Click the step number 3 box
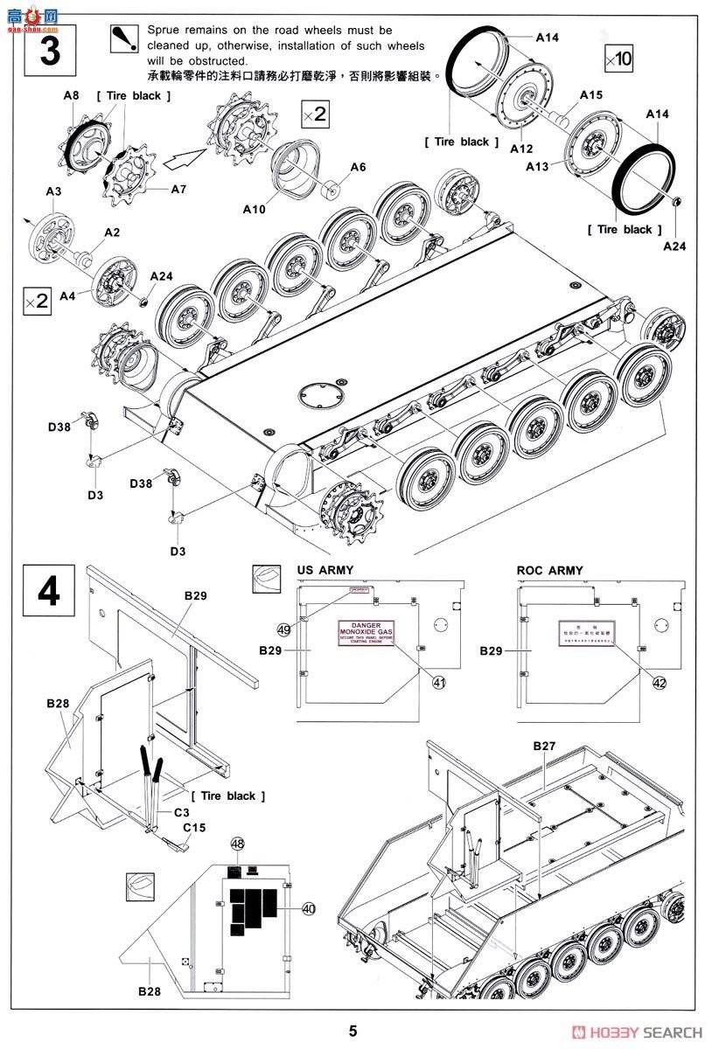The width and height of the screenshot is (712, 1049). pyautogui.click(x=50, y=52)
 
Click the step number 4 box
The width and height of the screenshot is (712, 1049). pyautogui.click(x=50, y=591)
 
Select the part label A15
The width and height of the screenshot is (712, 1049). pyautogui.click(x=591, y=94)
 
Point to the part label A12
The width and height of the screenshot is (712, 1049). pyautogui.click(x=522, y=149)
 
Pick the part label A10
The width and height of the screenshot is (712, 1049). pyautogui.click(x=255, y=209)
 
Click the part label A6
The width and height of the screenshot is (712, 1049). pyautogui.click(x=358, y=167)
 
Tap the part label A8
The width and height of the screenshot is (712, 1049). pyautogui.click(x=72, y=96)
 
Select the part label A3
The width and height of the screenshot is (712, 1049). pyautogui.click(x=53, y=191)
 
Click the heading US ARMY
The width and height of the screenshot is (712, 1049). pyautogui.click(x=325, y=570)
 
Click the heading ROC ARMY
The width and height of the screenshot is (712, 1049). pyautogui.click(x=549, y=570)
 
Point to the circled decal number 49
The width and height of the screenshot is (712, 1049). pyautogui.click(x=283, y=629)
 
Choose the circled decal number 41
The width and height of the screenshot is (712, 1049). pyautogui.click(x=438, y=682)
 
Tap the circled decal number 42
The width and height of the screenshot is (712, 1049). pyautogui.click(x=659, y=682)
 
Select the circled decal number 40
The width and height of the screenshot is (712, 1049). pyautogui.click(x=308, y=908)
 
